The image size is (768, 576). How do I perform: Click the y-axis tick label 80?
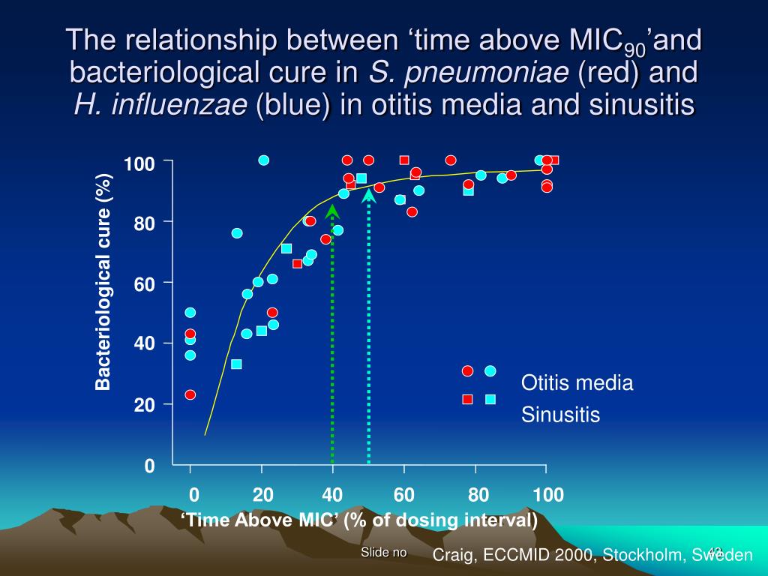144,223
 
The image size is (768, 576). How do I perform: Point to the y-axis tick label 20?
144,405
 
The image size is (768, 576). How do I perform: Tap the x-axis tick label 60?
404,495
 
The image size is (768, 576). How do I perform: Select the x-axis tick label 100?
548,495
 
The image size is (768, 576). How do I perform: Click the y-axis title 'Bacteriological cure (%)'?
103,282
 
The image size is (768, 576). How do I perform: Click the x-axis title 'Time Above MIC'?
359,520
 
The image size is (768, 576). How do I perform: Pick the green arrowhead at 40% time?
332,211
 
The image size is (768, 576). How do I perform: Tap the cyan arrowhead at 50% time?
368,196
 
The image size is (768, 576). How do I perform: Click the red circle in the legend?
468,371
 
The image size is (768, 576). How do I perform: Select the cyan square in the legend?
490,399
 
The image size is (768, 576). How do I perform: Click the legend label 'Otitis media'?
577,383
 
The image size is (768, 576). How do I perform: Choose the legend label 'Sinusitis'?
561,415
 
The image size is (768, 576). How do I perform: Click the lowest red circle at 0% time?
190,394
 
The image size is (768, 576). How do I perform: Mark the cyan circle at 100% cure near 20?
264,160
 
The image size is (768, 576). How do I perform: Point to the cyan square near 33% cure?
236,364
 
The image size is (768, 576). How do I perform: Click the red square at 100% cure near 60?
404,160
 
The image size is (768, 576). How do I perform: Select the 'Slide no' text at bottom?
383,553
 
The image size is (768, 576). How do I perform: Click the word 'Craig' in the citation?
455,555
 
